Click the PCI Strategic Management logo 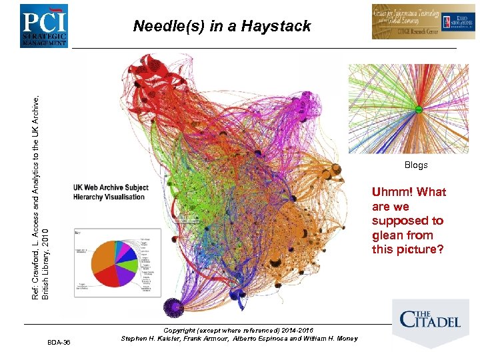pos(43,25)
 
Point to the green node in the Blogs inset pos(418,109)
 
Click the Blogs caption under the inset pos(416,165)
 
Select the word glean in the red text pos(387,235)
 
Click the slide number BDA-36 pos(59,343)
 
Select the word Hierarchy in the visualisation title pos(90,197)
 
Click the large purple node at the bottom pos(175,306)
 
